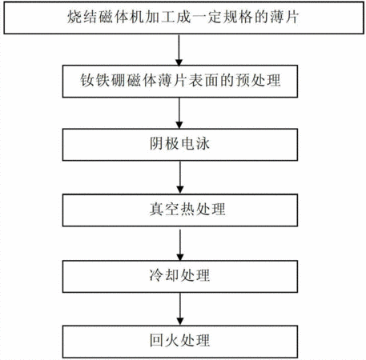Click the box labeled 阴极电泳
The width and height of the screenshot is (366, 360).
[x=180, y=145]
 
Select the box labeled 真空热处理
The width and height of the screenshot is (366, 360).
[x=180, y=210]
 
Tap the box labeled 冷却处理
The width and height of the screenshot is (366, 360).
[x=180, y=276]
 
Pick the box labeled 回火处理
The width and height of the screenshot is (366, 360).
[x=180, y=342]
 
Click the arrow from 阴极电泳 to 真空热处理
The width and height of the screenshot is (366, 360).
[x=180, y=178]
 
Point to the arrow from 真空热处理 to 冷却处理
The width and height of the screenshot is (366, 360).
[x=180, y=245]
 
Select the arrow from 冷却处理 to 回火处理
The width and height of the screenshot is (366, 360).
[x=180, y=309]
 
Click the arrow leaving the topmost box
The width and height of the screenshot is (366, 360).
[x=179, y=50]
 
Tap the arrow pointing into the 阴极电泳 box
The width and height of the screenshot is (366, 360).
[x=179, y=113]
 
